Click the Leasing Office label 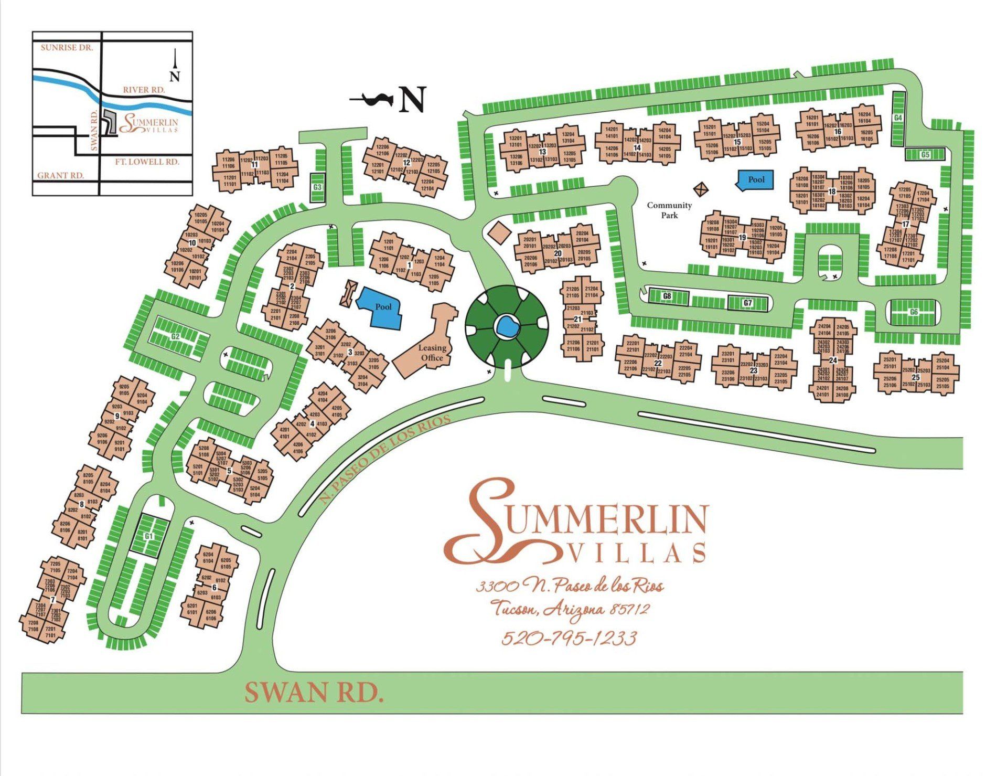432,353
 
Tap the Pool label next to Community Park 756,179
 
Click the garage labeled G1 149,536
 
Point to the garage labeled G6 914,312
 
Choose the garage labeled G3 317,187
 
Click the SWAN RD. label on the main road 313,693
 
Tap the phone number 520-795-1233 569,638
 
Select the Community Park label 669,210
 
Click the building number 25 916,377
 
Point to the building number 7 52,600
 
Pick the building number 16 837,132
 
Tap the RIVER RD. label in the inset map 144,90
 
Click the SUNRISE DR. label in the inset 67,48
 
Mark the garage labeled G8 667,296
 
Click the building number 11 255,164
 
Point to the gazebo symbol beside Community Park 701,188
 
